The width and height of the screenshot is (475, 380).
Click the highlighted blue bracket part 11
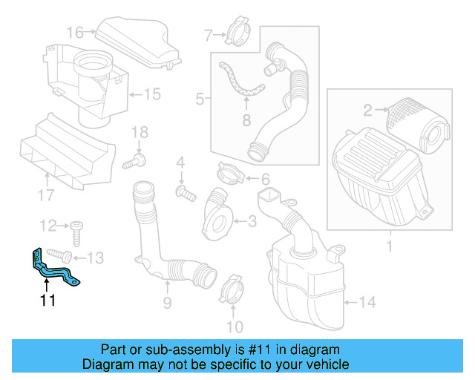coord(55,269)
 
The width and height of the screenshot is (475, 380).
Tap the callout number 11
coord(47,300)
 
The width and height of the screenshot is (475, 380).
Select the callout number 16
coord(75,32)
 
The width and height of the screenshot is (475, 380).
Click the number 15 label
coord(151,94)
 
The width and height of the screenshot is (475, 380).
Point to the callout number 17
coord(46,195)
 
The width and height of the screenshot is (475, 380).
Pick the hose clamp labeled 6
coord(232,175)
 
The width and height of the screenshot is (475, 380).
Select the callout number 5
coord(199,98)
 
